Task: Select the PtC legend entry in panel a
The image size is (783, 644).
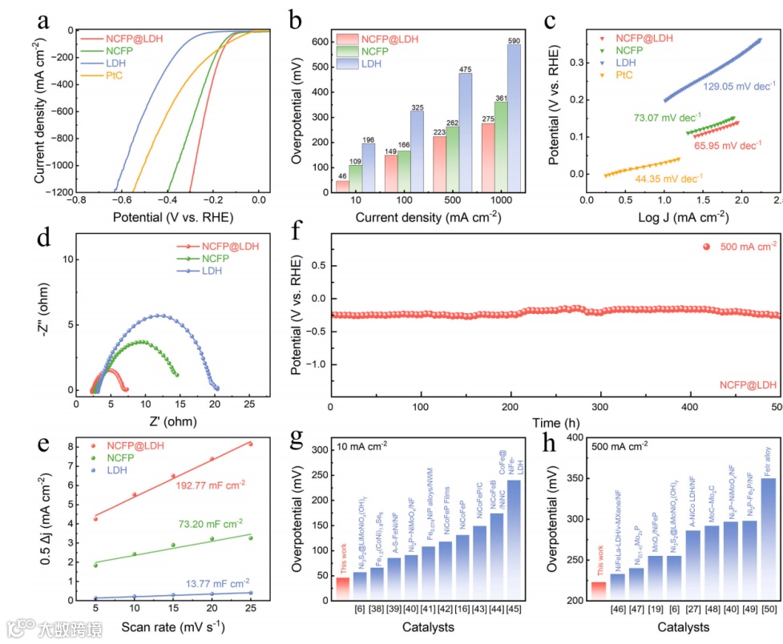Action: [115, 75]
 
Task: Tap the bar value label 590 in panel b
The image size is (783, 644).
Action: [514, 39]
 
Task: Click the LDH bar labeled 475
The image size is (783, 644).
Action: [465, 132]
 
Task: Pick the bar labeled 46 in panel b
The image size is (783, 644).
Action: [342, 186]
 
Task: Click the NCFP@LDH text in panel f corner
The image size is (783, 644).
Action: [749, 385]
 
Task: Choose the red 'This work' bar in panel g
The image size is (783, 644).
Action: [343, 587]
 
